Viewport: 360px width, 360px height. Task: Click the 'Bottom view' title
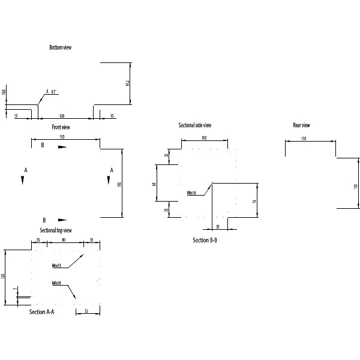pos(61,47)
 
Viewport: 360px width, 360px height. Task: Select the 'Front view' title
pos(61,127)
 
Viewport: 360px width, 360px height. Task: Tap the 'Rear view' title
pos(301,125)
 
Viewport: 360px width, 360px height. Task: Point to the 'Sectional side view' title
pos(195,125)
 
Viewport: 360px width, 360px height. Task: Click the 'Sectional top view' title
pos(56,230)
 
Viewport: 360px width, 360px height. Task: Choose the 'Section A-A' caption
pos(42,312)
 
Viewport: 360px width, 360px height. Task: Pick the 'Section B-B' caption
pos(205,240)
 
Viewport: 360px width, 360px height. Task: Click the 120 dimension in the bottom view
pos(62,115)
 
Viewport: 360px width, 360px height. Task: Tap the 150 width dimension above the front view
pos(62,137)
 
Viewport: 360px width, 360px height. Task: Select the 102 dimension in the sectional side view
pos(204,138)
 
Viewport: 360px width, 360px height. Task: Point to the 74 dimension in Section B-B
pos(255,202)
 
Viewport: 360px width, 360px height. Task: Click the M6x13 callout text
pos(57,265)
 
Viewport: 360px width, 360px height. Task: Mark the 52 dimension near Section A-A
pos(86,311)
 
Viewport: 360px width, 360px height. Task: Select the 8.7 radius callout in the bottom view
pos(54,92)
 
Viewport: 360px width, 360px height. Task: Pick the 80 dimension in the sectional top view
pos(63,239)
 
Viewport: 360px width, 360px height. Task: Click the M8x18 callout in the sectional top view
pos(57,283)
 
